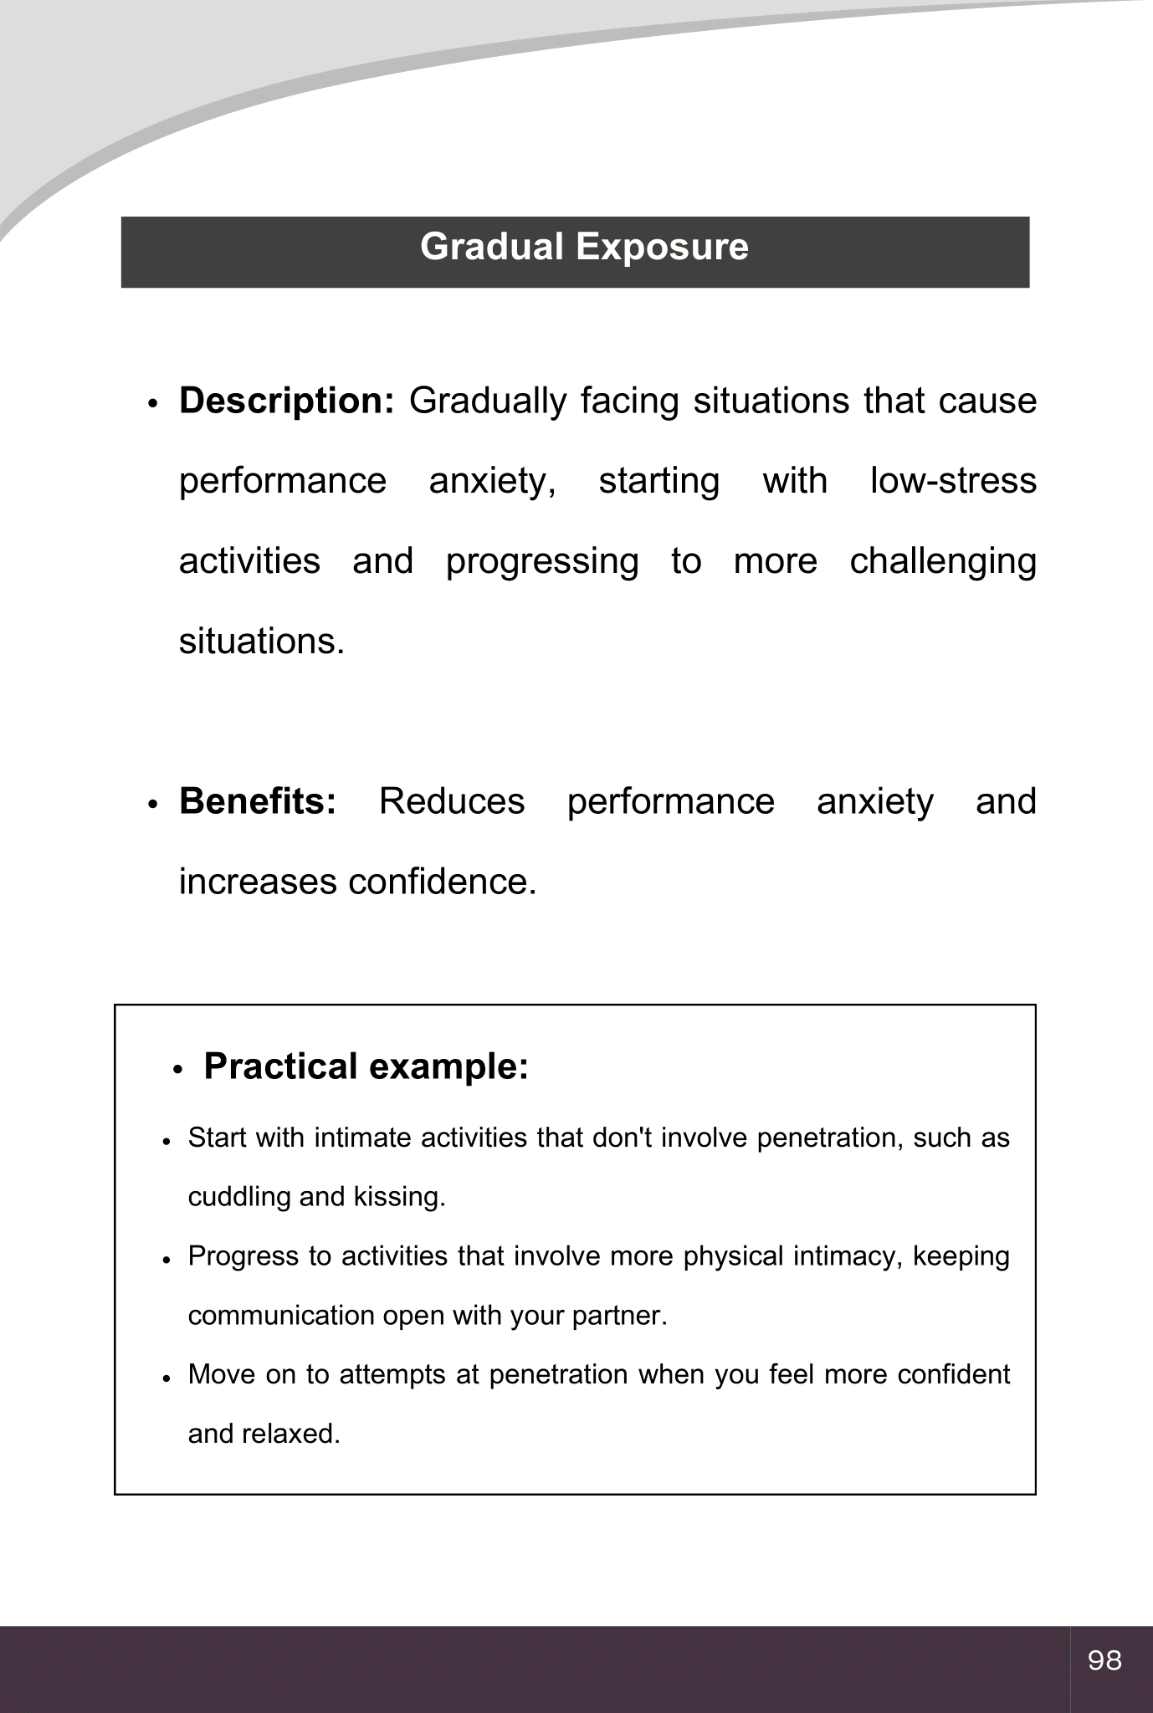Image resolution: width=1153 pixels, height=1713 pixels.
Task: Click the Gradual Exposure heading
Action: click(584, 248)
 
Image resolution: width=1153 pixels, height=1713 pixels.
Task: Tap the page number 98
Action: click(1104, 1660)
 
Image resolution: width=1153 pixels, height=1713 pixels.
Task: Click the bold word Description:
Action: click(286, 401)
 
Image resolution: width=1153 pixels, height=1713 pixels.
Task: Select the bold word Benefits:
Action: click(258, 802)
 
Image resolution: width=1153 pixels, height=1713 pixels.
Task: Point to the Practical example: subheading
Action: click(366, 1067)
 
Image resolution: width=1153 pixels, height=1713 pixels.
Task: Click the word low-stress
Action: click(953, 482)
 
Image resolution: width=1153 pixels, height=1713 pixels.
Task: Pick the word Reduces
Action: click(452, 802)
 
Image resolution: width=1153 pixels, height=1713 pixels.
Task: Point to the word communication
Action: click(281, 1317)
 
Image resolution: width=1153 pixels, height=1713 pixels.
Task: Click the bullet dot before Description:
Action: click(152, 403)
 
